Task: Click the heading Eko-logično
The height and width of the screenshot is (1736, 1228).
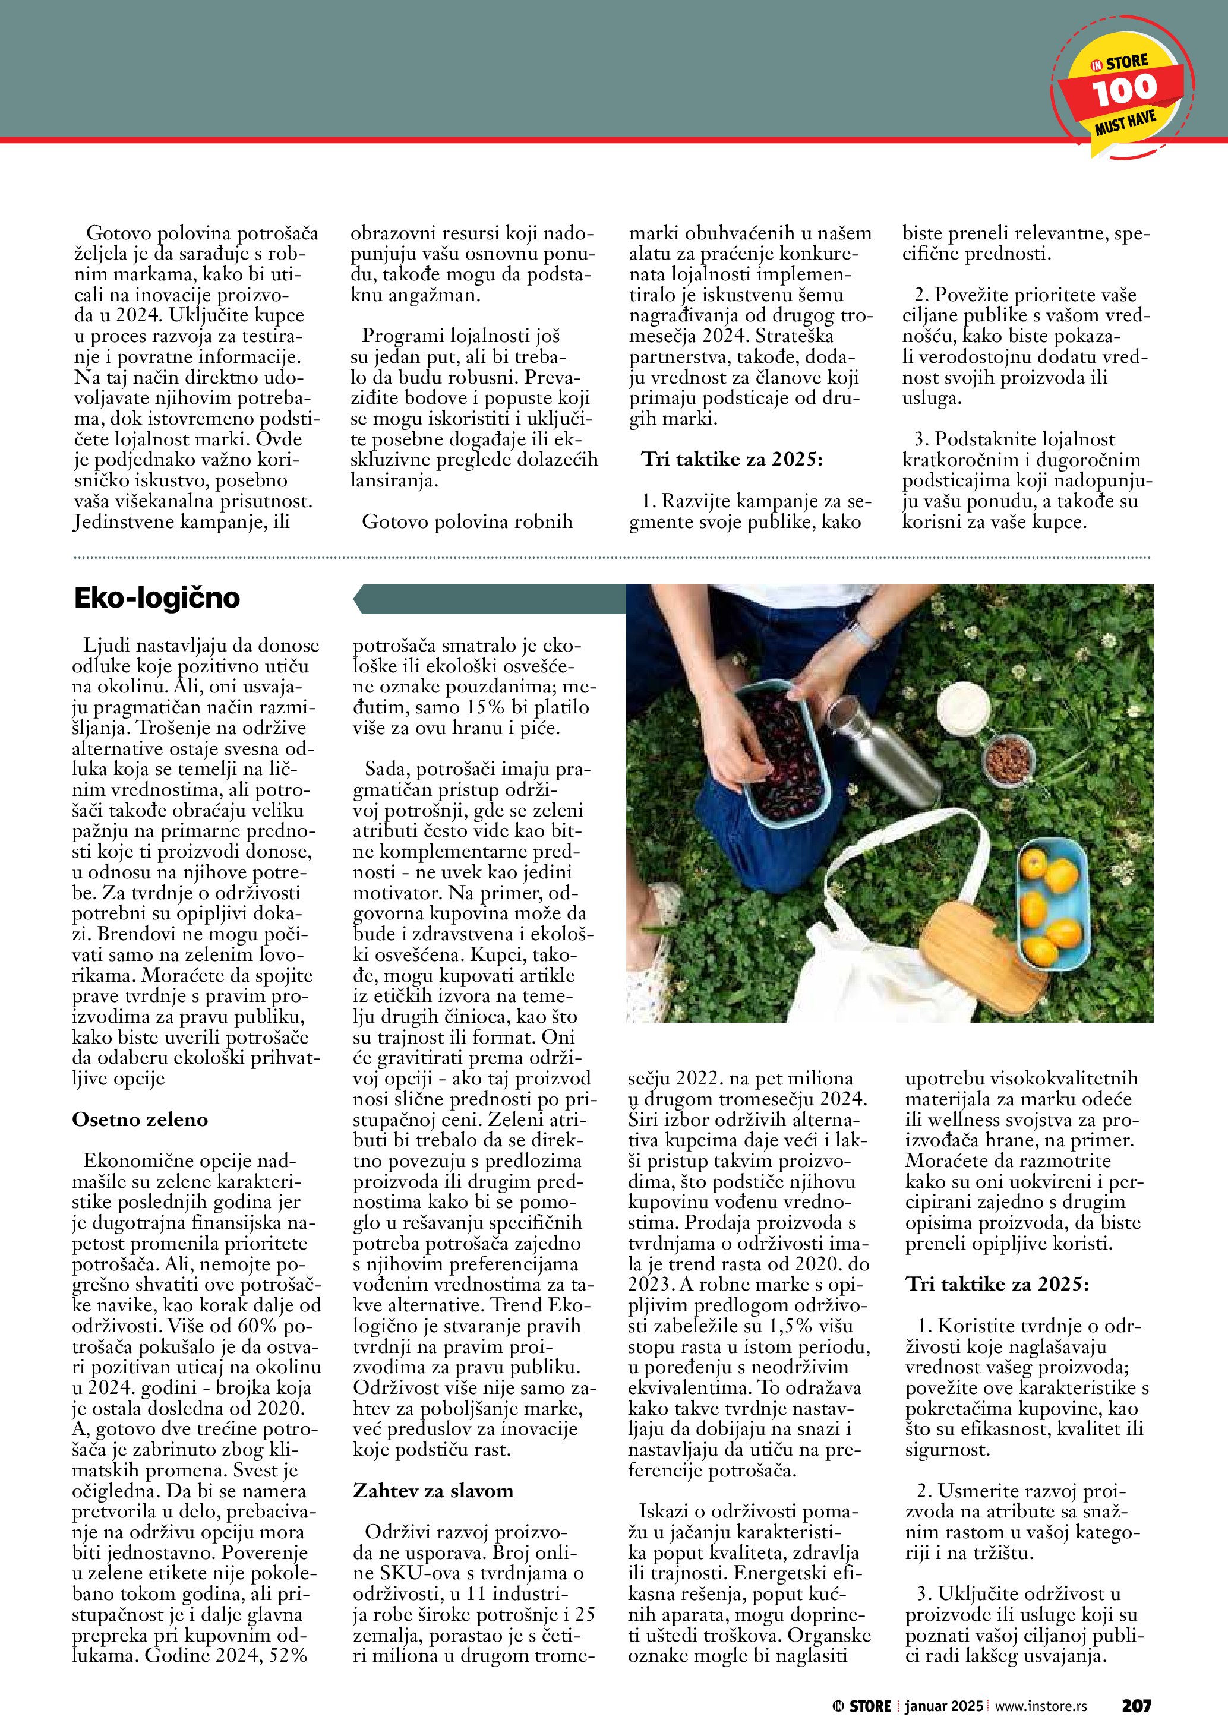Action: [x=156, y=598]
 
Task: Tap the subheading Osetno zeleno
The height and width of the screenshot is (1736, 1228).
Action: [x=140, y=1120]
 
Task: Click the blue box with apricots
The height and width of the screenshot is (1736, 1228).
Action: [x=1052, y=907]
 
